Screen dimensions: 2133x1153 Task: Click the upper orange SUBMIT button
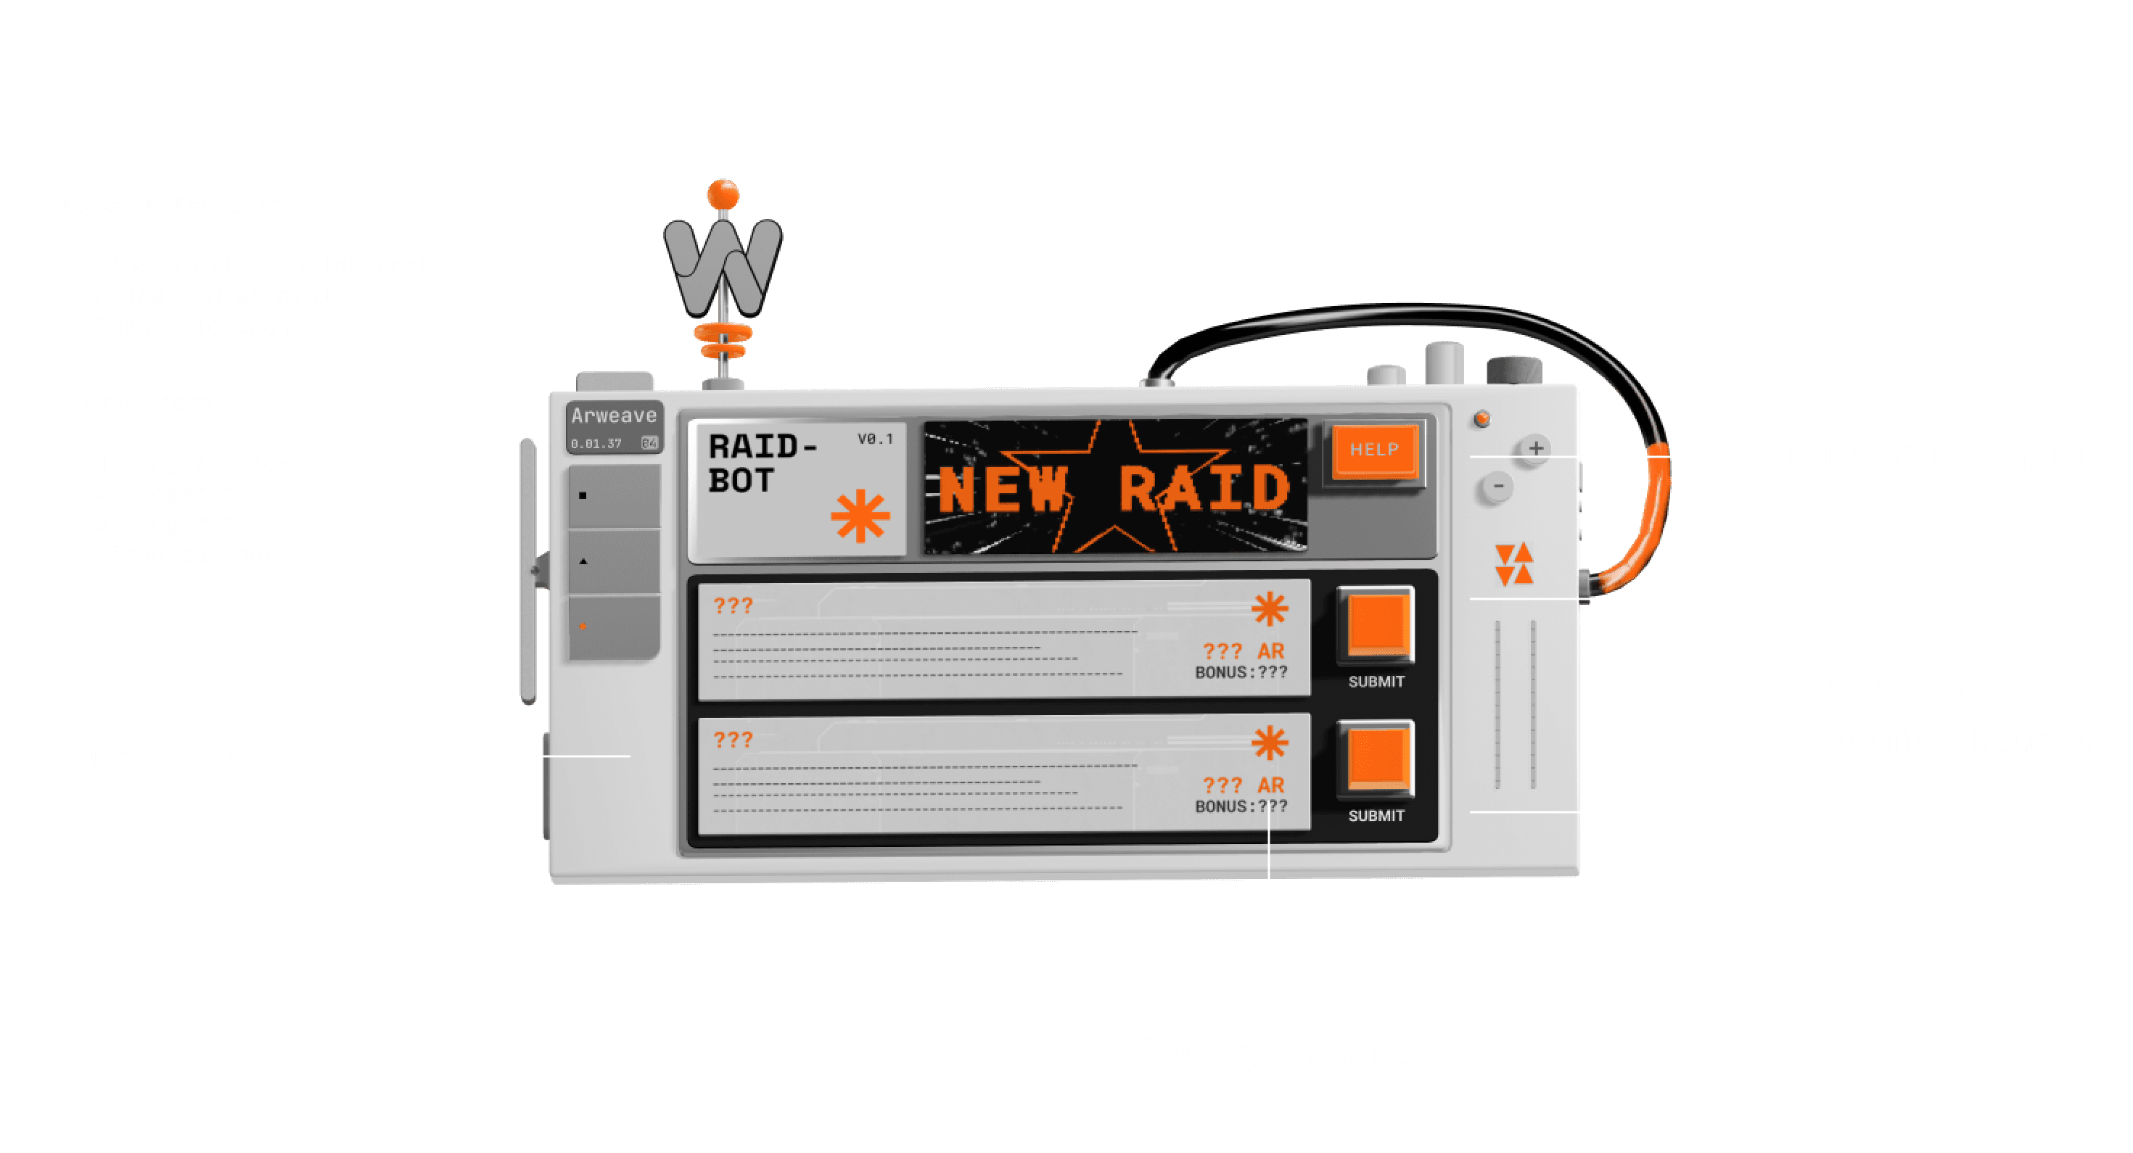tap(1376, 624)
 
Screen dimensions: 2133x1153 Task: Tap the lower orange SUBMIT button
tap(1376, 759)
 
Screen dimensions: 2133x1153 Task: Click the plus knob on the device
tap(1535, 449)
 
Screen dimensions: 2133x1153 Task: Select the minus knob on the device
tap(1497, 487)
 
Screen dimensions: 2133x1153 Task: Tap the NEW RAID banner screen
tap(1114, 487)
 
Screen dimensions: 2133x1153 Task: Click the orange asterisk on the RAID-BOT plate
tap(860, 516)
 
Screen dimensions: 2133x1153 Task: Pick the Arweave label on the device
tap(614, 416)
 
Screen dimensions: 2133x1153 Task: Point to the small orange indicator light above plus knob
tap(1482, 419)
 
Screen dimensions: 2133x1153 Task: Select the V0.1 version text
tap(875, 439)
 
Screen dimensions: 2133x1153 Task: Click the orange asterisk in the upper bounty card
tap(1270, 609)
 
